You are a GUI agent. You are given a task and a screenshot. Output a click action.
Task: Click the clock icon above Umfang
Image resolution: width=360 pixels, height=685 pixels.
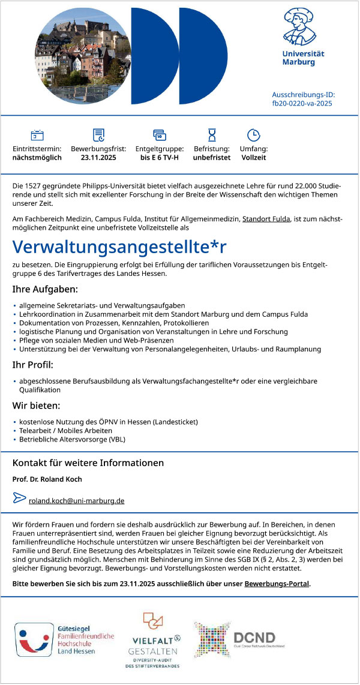pos(253,135)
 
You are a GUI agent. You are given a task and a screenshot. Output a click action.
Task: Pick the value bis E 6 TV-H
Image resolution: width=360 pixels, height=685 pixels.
pos(159,158)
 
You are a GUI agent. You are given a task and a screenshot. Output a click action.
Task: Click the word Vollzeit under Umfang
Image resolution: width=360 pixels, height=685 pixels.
pos(253,158)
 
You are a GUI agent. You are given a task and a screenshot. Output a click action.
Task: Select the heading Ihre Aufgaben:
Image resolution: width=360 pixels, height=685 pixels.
pos(45,290)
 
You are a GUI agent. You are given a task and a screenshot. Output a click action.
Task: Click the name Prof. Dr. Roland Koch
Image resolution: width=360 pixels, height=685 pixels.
pos(47,479)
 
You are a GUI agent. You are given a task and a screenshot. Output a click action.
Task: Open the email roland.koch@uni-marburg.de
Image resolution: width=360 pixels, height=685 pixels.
pos(76,500)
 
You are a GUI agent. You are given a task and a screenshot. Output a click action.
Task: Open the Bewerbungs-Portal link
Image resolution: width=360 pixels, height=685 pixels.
pos(277,582)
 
